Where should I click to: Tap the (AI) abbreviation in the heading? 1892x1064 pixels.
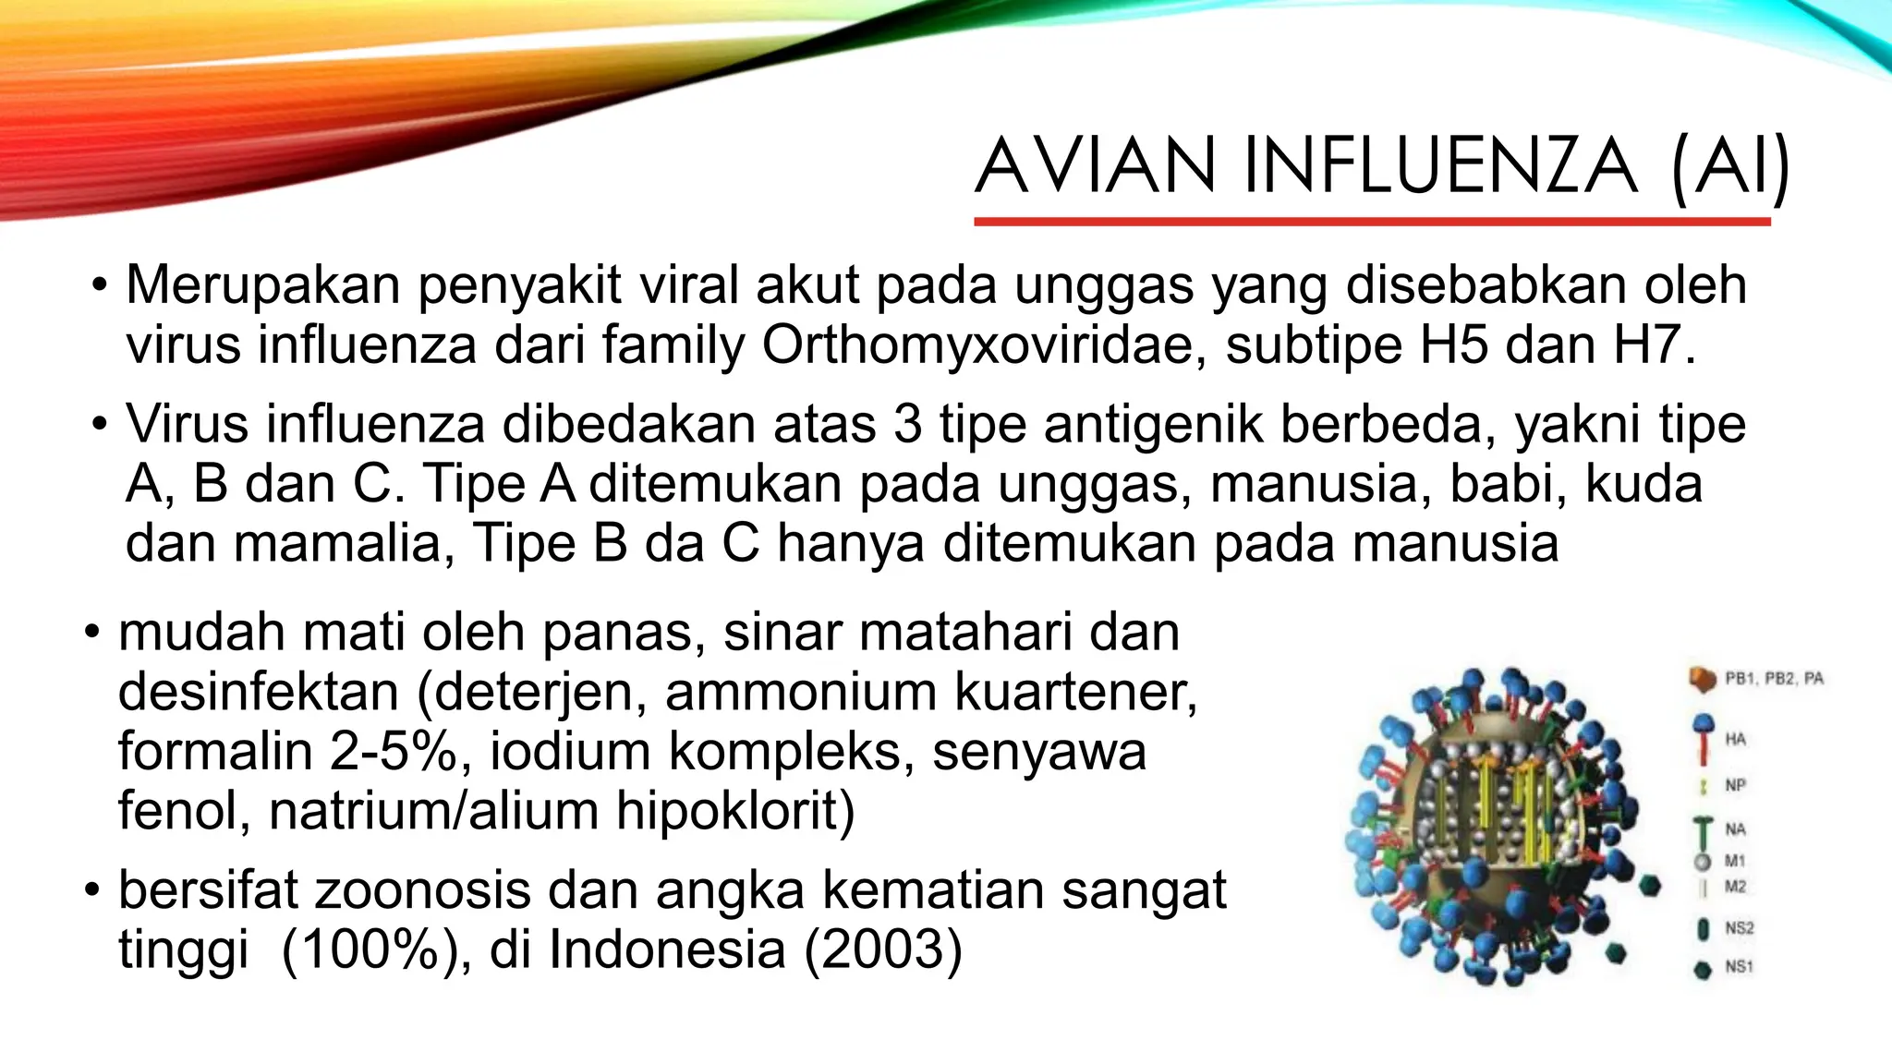point(1729,166)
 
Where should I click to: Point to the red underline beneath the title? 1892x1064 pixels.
point(1372,222)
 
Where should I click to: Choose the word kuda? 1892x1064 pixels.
point(1643,484)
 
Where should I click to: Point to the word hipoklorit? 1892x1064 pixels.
point(735,811)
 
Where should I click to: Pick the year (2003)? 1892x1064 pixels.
point(883,949)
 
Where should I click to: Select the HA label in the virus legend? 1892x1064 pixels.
point(1735,739)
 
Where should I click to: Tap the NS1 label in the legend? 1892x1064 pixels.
point(1739,967)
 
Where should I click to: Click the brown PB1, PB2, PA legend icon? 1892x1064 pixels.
point(1703,680)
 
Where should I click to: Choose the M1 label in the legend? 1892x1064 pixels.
point(1735,861)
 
